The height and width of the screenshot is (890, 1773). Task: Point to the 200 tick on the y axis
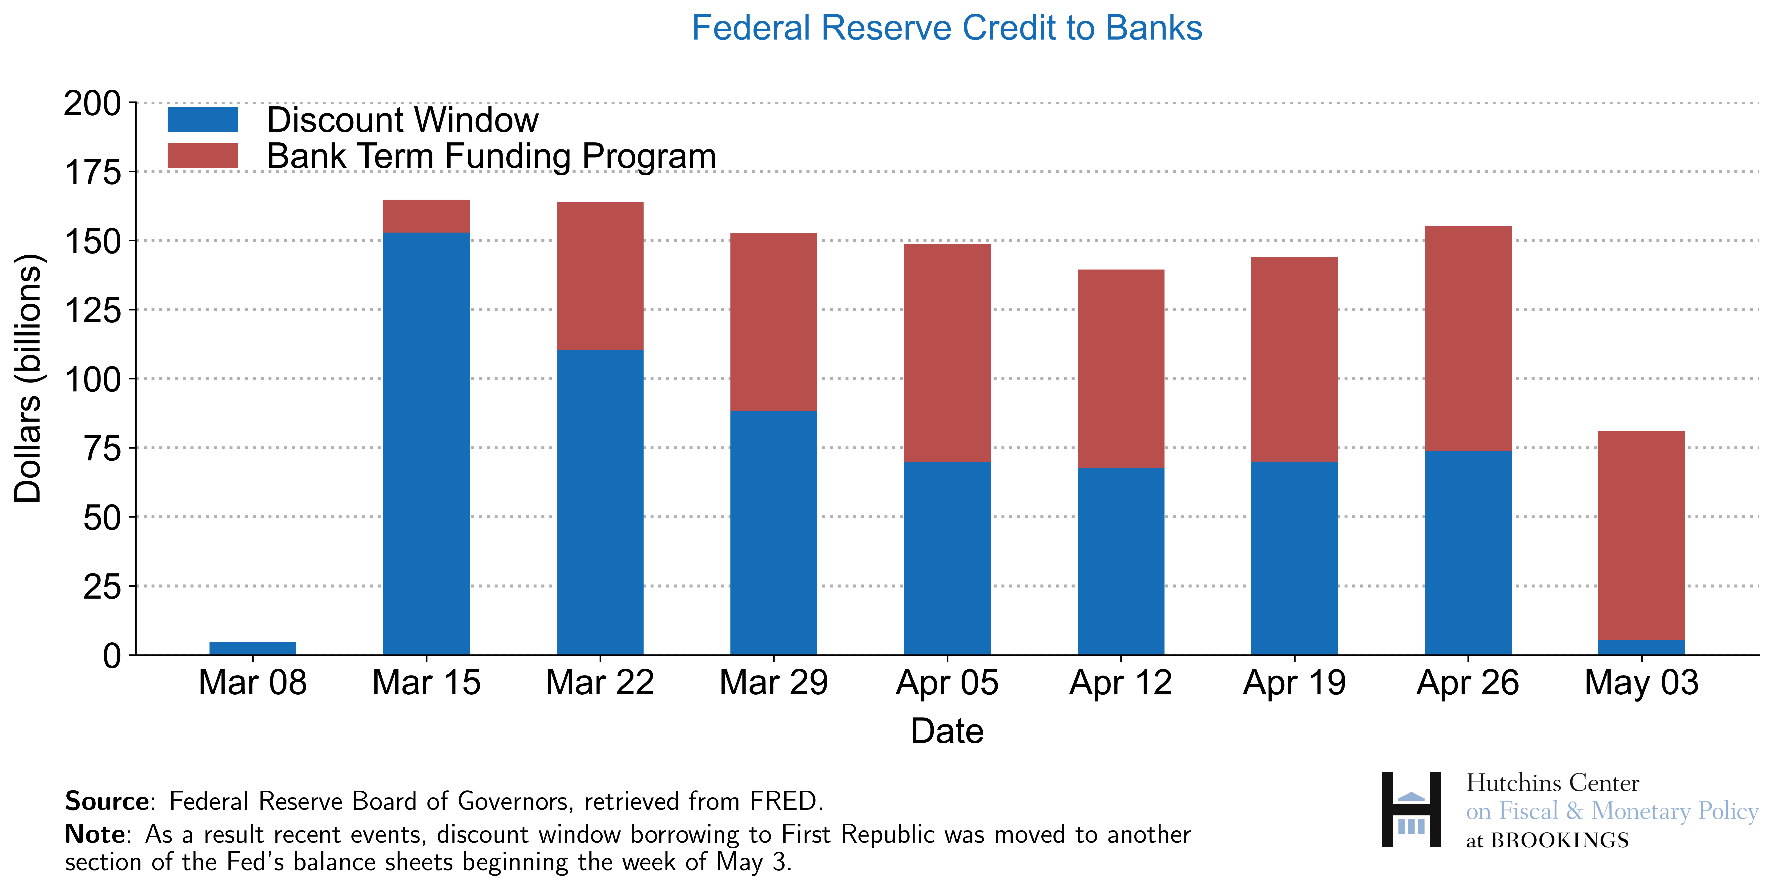pos(92,104)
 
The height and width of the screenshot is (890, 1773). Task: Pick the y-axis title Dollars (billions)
pos(28,379)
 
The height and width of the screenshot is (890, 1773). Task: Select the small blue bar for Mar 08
pos(253,648)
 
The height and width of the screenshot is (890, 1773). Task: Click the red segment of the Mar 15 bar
pos(426,216)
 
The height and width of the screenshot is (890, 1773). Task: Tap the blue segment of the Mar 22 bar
pos(600,503)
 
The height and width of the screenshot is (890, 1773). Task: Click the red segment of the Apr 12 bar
pos(1120,368)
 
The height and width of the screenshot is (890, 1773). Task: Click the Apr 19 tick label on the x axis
pos(1294,683)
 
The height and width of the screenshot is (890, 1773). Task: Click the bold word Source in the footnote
pos(107,801)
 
